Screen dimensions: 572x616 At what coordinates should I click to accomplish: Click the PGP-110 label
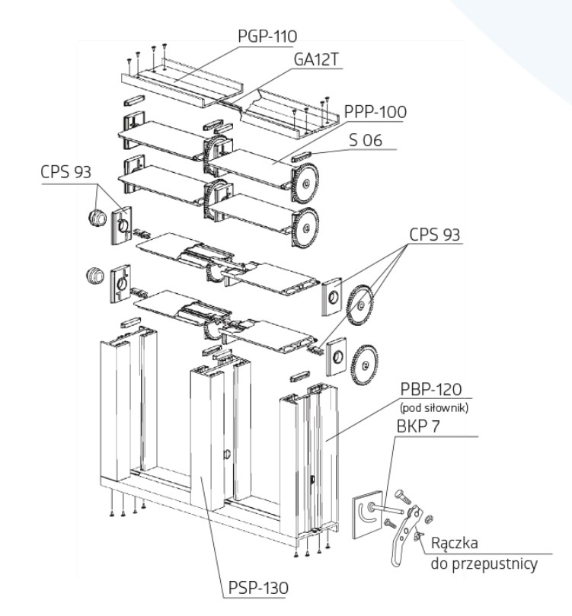coord(267,36)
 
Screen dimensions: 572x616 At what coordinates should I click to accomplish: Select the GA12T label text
coord(316,59)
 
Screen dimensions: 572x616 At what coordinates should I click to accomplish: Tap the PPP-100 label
coord(375,112)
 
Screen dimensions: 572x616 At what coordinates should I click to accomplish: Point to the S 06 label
coord(366,140)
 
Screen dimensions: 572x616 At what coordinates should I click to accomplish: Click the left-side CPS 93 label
coord(66,172)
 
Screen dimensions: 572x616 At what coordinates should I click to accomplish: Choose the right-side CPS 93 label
coord(434,235)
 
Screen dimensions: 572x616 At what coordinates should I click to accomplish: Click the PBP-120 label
coord(431,389)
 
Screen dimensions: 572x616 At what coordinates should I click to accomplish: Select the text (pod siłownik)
coord(434,408)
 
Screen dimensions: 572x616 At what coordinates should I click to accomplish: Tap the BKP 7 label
coord(418,426)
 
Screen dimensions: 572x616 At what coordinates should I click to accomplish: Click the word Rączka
coord(455,544)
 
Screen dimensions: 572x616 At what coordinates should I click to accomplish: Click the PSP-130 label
coord(258,588)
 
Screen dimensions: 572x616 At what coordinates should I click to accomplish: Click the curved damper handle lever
coord(405,535)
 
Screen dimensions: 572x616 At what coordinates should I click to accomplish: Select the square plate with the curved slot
coord(368,514)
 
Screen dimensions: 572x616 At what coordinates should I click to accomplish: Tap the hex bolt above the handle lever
coord(403,496)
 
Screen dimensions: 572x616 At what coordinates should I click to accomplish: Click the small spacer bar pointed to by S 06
coord(301,156)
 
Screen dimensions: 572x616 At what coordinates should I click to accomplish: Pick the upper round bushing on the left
coord(97,217)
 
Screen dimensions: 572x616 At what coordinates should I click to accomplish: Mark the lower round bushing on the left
coord(94,276)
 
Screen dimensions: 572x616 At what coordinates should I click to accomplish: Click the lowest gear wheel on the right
coord(364,365)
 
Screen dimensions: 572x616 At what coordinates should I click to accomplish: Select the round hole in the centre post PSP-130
coord(227,455)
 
